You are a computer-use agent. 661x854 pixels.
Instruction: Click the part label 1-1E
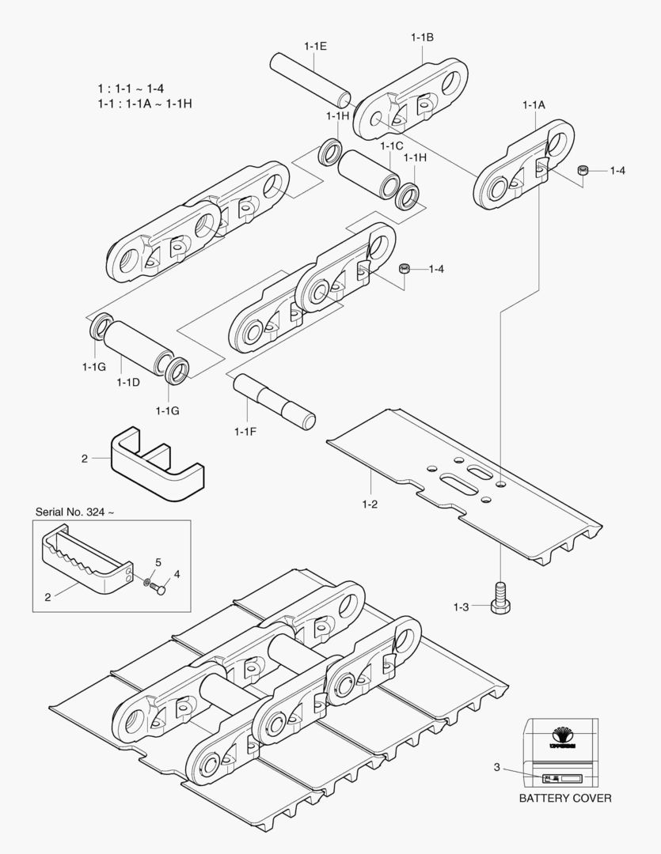314,46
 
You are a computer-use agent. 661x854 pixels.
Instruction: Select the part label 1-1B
422,37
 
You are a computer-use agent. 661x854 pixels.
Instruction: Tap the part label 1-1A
534,104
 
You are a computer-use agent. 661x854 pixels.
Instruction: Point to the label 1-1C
391,146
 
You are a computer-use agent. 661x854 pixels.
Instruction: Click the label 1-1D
127,383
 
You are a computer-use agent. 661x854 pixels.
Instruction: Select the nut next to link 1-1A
583,169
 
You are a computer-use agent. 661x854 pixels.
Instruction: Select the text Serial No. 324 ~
74,512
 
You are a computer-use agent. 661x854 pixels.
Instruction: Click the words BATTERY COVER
564,798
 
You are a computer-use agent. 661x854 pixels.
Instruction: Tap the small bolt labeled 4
161,588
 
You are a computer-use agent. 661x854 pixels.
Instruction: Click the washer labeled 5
148,584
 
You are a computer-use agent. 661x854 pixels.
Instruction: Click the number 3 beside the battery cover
496,767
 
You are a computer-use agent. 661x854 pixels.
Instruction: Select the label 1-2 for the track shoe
370,504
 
